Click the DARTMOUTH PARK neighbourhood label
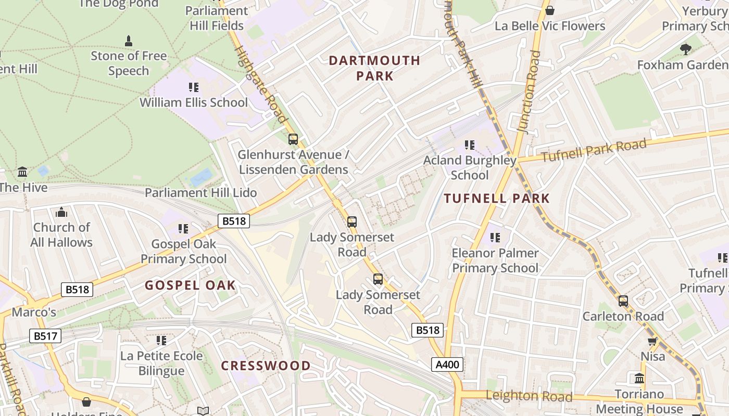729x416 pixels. pos(374,68)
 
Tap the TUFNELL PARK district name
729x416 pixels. pos(497,198)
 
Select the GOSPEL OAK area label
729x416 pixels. pos(190,285)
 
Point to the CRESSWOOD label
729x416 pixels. pos(266,366)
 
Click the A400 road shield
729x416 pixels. pos(447,365)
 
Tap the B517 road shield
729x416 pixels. pos(45,336)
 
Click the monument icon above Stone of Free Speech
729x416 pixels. pos(129,41)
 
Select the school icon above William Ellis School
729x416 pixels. pos(194,87)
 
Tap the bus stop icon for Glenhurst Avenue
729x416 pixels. pos(293,139)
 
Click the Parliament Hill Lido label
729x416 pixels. pos(200,192)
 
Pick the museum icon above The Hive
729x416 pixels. pos(22,172)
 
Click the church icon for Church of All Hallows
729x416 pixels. pos(61,212)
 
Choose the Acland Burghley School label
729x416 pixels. pos(470,167)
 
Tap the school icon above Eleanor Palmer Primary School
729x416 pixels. pos(495,238)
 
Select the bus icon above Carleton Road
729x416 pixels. pos(623,301)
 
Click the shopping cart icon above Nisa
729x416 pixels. pos(652,341)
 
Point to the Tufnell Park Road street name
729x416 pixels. pos(594,150)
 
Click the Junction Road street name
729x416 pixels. pos(530,92)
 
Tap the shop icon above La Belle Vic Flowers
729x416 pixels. pos(549,10)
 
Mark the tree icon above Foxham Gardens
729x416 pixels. pos(686,49)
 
